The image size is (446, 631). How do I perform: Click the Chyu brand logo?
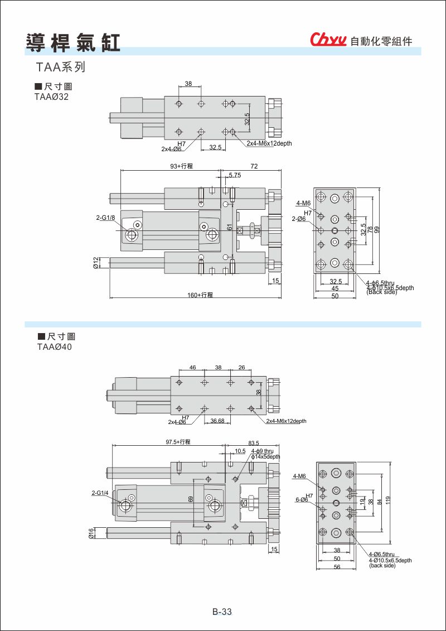[329, 40]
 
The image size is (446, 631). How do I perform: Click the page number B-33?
[222, 611]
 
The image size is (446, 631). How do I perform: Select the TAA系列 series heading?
[60, 68]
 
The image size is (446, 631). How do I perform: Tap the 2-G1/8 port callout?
[105, 218]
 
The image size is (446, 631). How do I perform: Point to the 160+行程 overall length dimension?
[200, 295]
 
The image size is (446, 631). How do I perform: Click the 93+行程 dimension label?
[181, 166]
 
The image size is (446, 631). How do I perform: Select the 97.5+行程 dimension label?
[178, 442]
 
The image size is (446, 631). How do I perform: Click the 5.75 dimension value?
[235, 175]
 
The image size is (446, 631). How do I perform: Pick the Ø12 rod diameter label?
[96, 262]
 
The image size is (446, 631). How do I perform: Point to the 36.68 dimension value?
[217, 421]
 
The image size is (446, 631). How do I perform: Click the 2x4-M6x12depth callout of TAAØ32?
[269, 143]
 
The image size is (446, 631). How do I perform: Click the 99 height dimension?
[377, 229]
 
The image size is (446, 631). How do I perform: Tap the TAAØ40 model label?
[55, 346]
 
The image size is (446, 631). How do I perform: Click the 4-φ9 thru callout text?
[262, 451]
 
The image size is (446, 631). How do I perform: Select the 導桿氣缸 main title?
[73, 42]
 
